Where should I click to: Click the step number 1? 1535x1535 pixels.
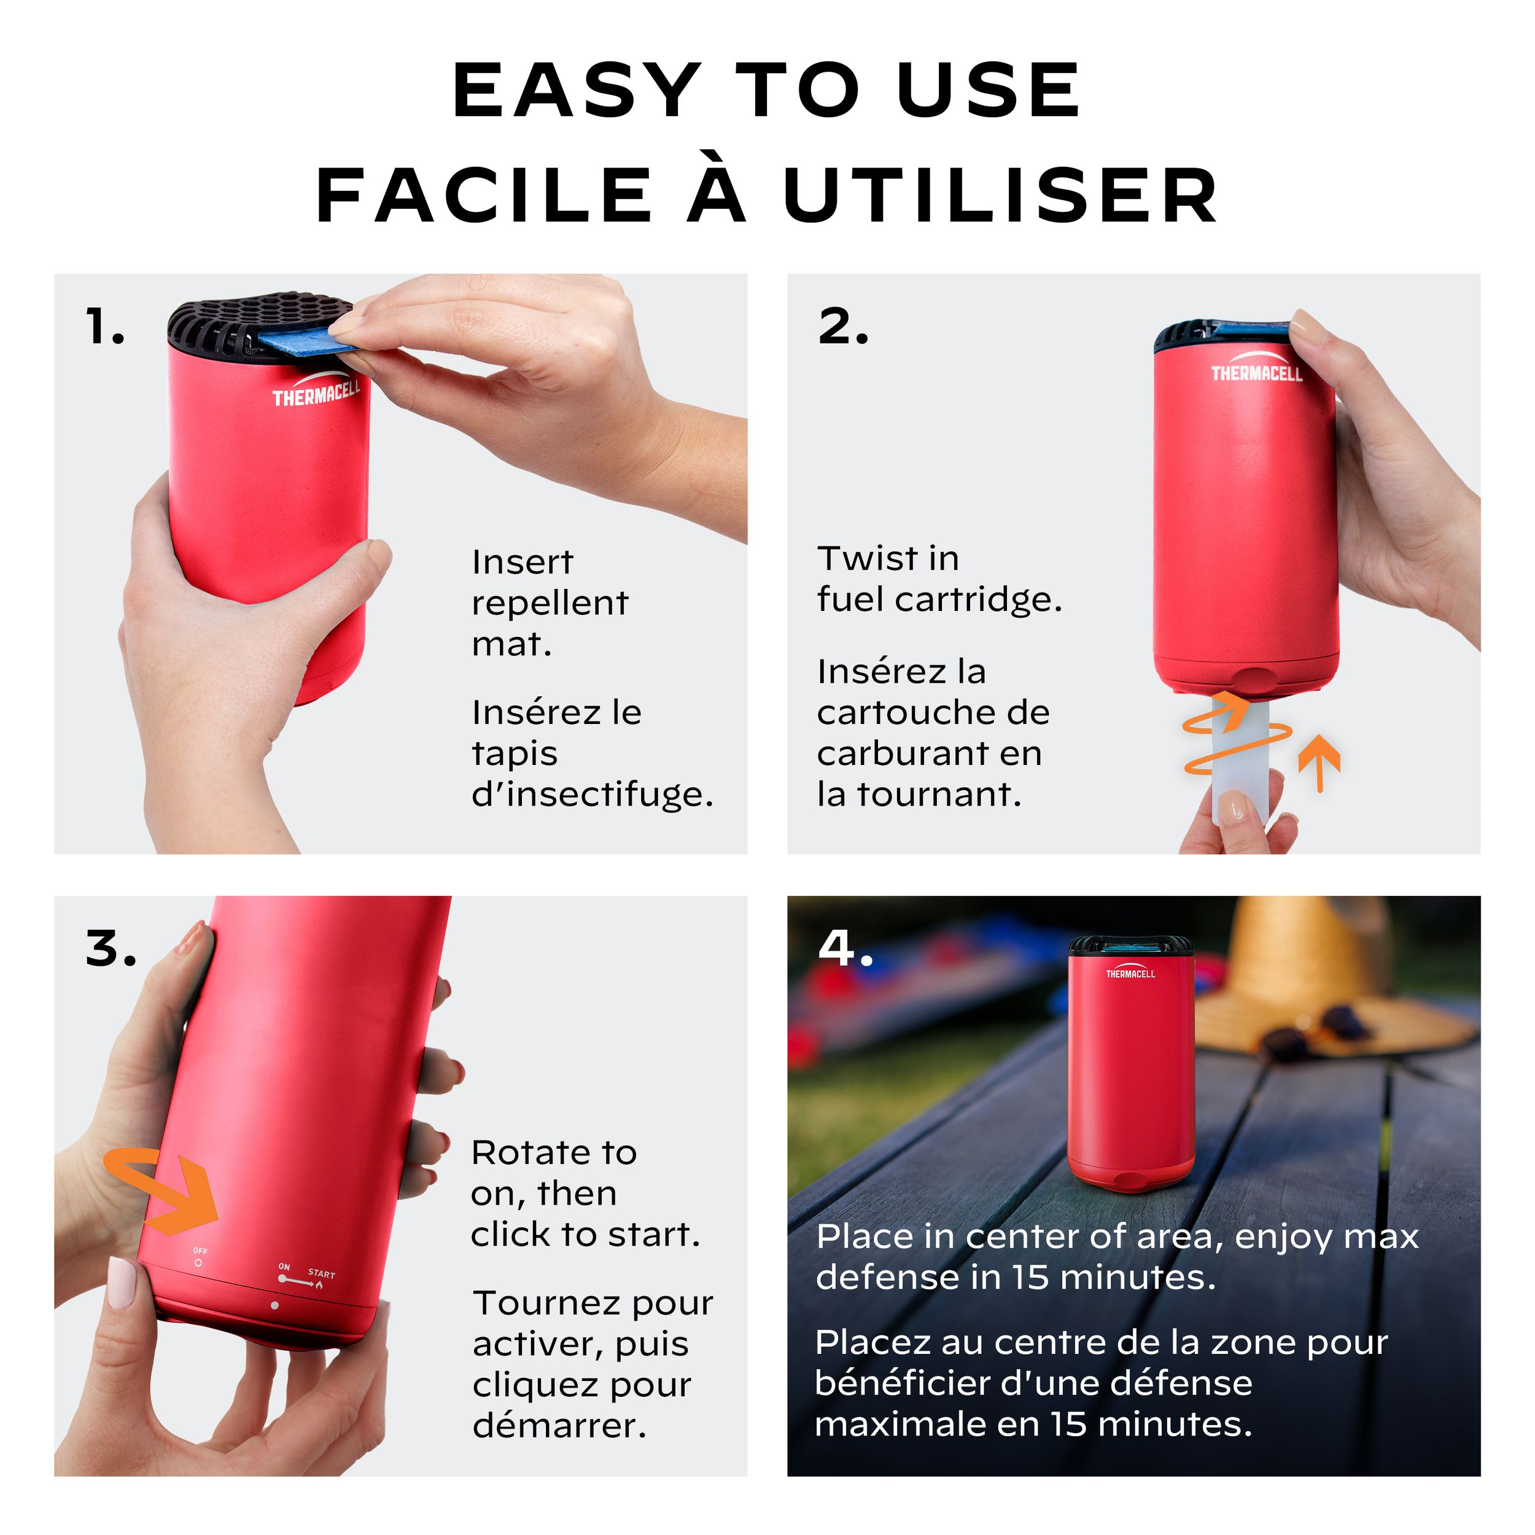click(x=104, y=327)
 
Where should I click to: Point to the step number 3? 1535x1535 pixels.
click(x=111, y=949)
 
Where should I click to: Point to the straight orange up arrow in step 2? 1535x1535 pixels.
click(x=1319, y=763)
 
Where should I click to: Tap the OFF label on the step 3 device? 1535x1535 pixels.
click(x=200, y=1251)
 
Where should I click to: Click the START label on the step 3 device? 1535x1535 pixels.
click(x=321, y=1273)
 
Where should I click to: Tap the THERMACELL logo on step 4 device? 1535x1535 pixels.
click(x=1130, y=973)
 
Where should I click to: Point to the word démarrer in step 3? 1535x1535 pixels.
click(x=559, y=1424)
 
